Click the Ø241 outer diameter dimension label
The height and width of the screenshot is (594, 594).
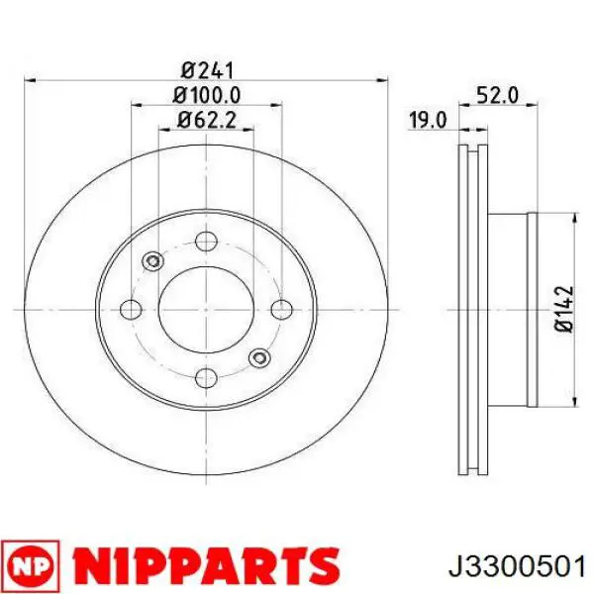(x=206, y=70)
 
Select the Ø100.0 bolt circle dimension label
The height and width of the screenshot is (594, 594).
(x=206, y=95)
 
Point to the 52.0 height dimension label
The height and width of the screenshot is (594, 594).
(x=495, y=95)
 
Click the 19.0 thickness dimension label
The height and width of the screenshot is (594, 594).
(x=429, y=121)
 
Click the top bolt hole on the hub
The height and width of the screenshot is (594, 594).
(x=206, y=241)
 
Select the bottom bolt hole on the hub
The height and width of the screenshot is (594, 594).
(x=206, y=377)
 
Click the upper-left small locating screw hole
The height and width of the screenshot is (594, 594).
(x=152, y=261)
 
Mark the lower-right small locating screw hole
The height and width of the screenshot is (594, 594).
(x=259, y=356)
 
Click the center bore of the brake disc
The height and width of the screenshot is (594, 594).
(x=206, y=309)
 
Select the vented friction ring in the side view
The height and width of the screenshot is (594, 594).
(x=474, y=309)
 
